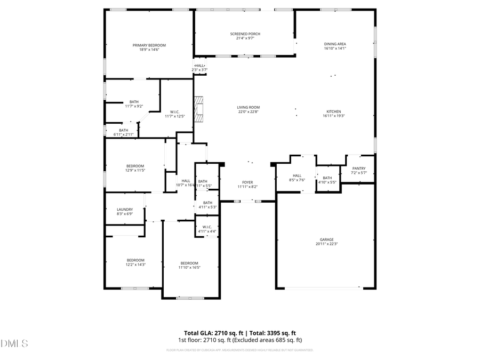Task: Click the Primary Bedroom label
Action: (149, 45)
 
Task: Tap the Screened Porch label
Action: (245, 34)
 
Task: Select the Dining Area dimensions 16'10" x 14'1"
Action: (335, 49)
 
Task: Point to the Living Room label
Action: (248, 107)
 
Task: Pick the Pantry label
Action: (358, 169)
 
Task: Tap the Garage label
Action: (326, 239)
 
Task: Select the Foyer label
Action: (247, 182)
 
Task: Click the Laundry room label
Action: (124, 210)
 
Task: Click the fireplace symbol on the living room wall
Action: (199, 109)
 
